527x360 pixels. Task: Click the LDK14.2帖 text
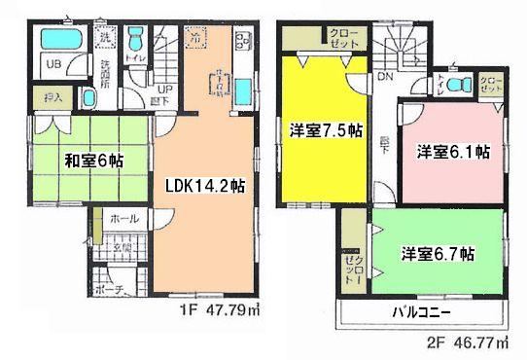pyautogui.click(x=204, y=185)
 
